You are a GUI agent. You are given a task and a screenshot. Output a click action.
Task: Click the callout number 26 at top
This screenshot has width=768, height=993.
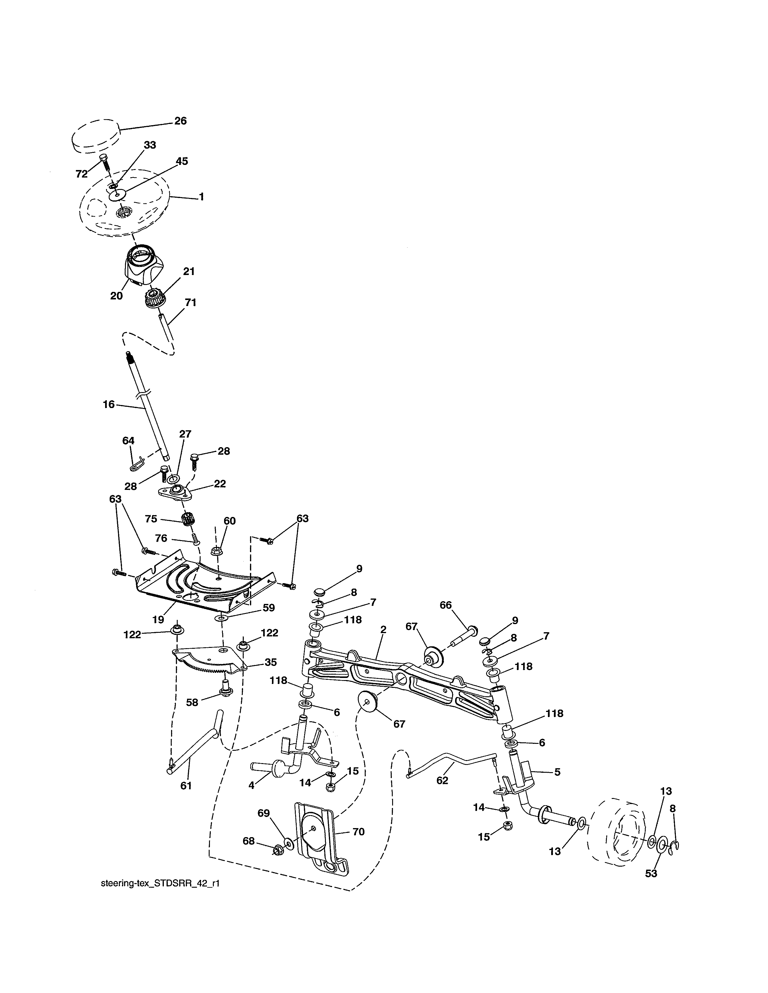[181, 121]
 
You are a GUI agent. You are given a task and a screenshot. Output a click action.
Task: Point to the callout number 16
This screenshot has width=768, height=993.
[109, 404]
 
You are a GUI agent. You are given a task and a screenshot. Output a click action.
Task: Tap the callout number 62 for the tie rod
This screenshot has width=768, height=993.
[442, 780]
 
